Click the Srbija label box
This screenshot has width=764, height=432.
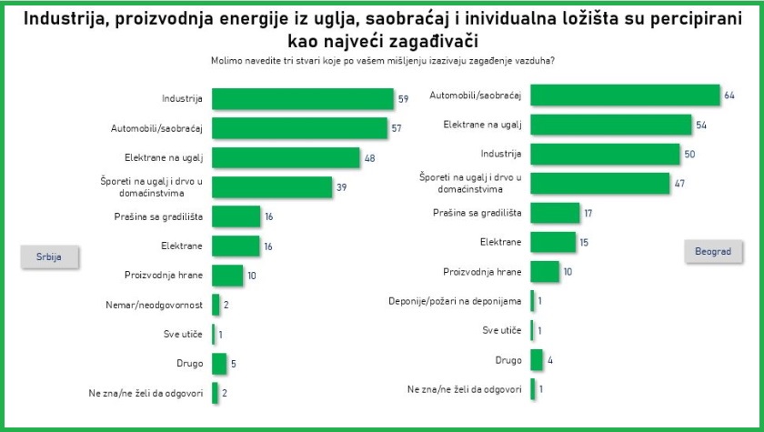click(49, 256)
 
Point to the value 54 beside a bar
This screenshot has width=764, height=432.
click(700, 125)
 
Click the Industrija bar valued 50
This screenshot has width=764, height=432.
click(605, 154)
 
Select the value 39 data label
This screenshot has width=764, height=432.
click(342, 186)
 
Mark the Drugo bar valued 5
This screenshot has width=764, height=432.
click(219, 363)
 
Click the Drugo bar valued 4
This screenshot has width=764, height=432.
click(536, 360)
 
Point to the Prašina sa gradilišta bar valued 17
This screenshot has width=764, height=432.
click(555, 213)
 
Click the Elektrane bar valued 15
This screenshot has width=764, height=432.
click(553, 242)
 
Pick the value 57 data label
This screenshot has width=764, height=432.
click(397, 128)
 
